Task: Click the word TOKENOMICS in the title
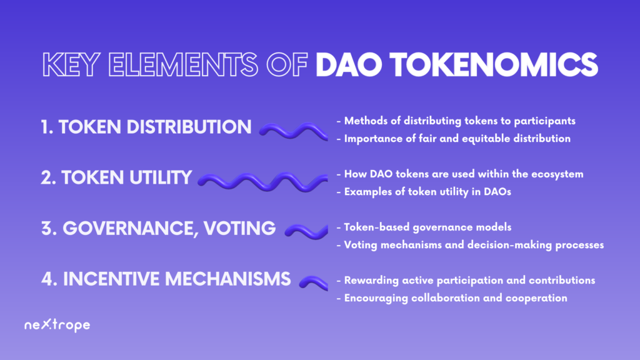[494, 64]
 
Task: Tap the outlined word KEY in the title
[71, 64]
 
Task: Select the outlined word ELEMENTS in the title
[183, 64]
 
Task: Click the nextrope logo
[57, 325]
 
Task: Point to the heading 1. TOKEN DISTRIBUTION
[146, 127]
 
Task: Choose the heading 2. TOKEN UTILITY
[116, 177]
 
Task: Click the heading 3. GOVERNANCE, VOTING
[158, 229]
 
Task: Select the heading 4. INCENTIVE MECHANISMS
[166, 279]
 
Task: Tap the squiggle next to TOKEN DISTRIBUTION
[294, 131]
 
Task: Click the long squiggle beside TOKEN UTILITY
[262, 182]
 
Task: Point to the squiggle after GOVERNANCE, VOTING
[306, 231]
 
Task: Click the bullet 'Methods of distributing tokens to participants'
[456, 121]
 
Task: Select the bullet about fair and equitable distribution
[454, 139]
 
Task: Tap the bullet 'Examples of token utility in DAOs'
[424, 192]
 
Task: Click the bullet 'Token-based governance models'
[424, 227]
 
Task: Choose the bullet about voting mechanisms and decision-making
[470, 245]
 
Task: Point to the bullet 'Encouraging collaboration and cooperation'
[452, 298]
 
